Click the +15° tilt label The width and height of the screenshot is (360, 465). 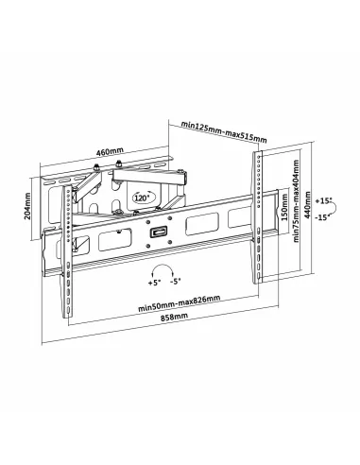click(x=326, y=202)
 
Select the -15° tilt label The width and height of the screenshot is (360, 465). click(x=326, y=218)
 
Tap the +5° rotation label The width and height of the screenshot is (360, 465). click(x=154, y=282)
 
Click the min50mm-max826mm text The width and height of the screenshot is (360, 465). click(x=179, y=300)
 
